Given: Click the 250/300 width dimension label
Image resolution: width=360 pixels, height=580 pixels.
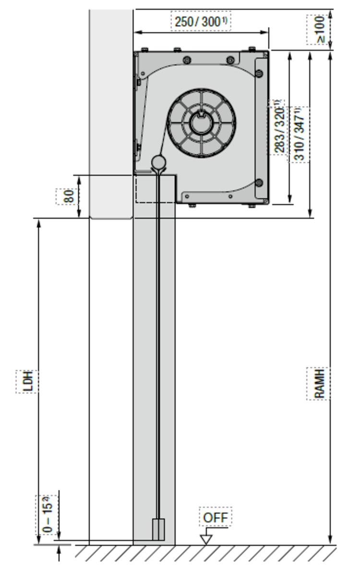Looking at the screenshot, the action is click(x=201, y=22).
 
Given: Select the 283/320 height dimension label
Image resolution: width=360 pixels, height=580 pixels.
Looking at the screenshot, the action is click(x=279, y=127).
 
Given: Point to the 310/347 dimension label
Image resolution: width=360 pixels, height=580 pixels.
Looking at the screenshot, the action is click(x=299, y=134).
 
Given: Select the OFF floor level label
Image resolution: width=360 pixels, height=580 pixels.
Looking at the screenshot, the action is click(x=216, y=518).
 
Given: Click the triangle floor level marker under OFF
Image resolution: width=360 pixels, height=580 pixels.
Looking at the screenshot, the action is click(x=206, y=540).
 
